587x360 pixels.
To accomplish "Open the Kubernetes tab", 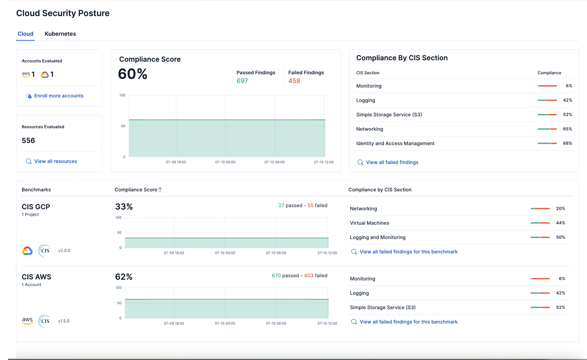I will pyautogui.click(x=60, y=34).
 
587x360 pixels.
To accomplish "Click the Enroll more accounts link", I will pyautogui.click(x=58, y=96).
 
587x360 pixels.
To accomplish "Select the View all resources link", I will pyautogui.click(x=55, y=161).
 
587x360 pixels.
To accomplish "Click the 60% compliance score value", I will pyautogui.click(x=132, y=74).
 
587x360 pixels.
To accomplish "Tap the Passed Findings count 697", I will pyautogui.click(x=242, y=81).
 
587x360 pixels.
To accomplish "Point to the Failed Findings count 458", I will pyautogui.click(x=294, y=81).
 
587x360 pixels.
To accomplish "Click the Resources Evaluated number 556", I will pyautogui.click(x=28, y=141).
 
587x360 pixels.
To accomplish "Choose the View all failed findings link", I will pyautogui.click(x=392, y=162).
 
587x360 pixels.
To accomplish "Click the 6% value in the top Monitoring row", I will pyautogui.click(x=569, y=86).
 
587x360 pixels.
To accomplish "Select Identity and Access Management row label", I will pyautogui.click(x=395, y=143).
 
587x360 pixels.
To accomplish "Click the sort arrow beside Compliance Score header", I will pyautogui.click(x=160, y=190).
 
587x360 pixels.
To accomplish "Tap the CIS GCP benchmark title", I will pyautogui.click(x=36, y=207).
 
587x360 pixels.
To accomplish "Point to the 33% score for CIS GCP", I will pyautogui.click(x=124, y=207).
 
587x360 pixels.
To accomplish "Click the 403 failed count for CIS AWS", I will pyautogui.click(x=309, y=276).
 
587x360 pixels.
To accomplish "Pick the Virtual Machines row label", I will pyautogui.click(x=370, y=223).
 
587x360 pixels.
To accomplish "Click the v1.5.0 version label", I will pyautogui.click(x=64, y=321).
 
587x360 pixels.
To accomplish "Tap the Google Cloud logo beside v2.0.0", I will pyautogui.click(x=27, y=251).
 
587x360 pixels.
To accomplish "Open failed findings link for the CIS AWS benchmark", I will pyautogui.click(x=408, y=322).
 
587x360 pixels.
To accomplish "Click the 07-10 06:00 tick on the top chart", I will pyautogui.click(x=275, y=162).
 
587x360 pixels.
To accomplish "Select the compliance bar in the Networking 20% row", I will pyautogui.click(x=540, y=209).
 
